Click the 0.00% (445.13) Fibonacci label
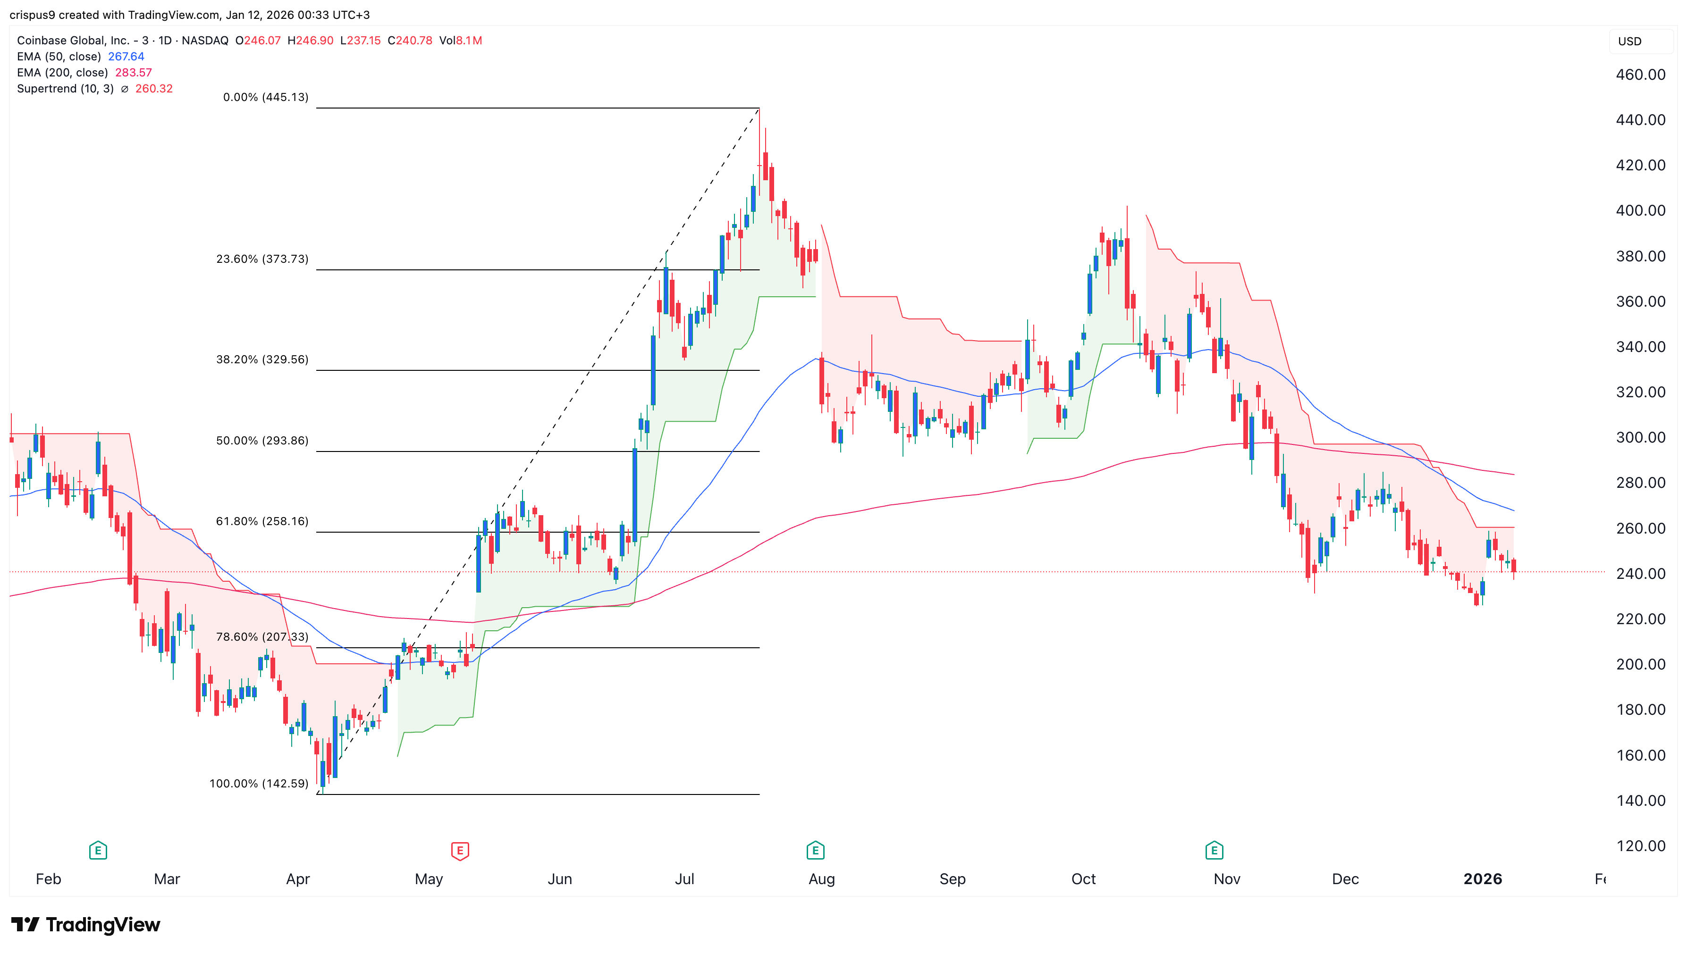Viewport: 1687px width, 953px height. tap(265, 98)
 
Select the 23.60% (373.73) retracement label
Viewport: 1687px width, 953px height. tap(262, 259)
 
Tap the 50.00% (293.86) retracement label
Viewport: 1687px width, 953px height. tap(262, 441)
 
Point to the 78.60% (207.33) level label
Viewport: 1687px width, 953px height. tap(262, 637)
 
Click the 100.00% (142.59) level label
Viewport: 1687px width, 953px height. tap(259, 784)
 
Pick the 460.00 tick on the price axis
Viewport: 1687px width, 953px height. tap(1640, 75)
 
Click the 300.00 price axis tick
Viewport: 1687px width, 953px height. tap(1640, 437)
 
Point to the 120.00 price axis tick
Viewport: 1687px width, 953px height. tap(1640, 845)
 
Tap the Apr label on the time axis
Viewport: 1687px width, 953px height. tap(298, 879)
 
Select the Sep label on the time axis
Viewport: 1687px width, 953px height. tap(952, 879)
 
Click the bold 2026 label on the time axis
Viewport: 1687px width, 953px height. tap(1483, 879)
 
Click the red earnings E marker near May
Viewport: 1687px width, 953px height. tap(460, 851)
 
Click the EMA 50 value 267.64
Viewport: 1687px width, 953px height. tap(126, 56)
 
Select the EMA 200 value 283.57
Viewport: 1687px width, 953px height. tap(134, 73)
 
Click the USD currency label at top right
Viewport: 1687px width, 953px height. tap(1629, 41)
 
